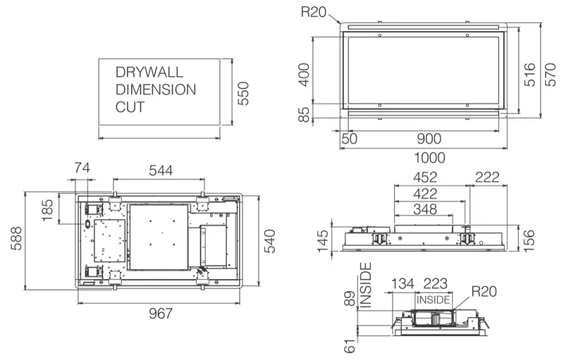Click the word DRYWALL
coord(149,73)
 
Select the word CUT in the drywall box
coord(130,107)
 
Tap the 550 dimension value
coord(243,94)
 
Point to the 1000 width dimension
coord(429,157)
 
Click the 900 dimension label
coord(429,139)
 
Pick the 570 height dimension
coord(551,75)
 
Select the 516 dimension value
coord(529,75)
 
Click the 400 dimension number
coord(304,75)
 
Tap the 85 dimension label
coord(304,115)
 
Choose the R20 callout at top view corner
coord(313,12)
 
